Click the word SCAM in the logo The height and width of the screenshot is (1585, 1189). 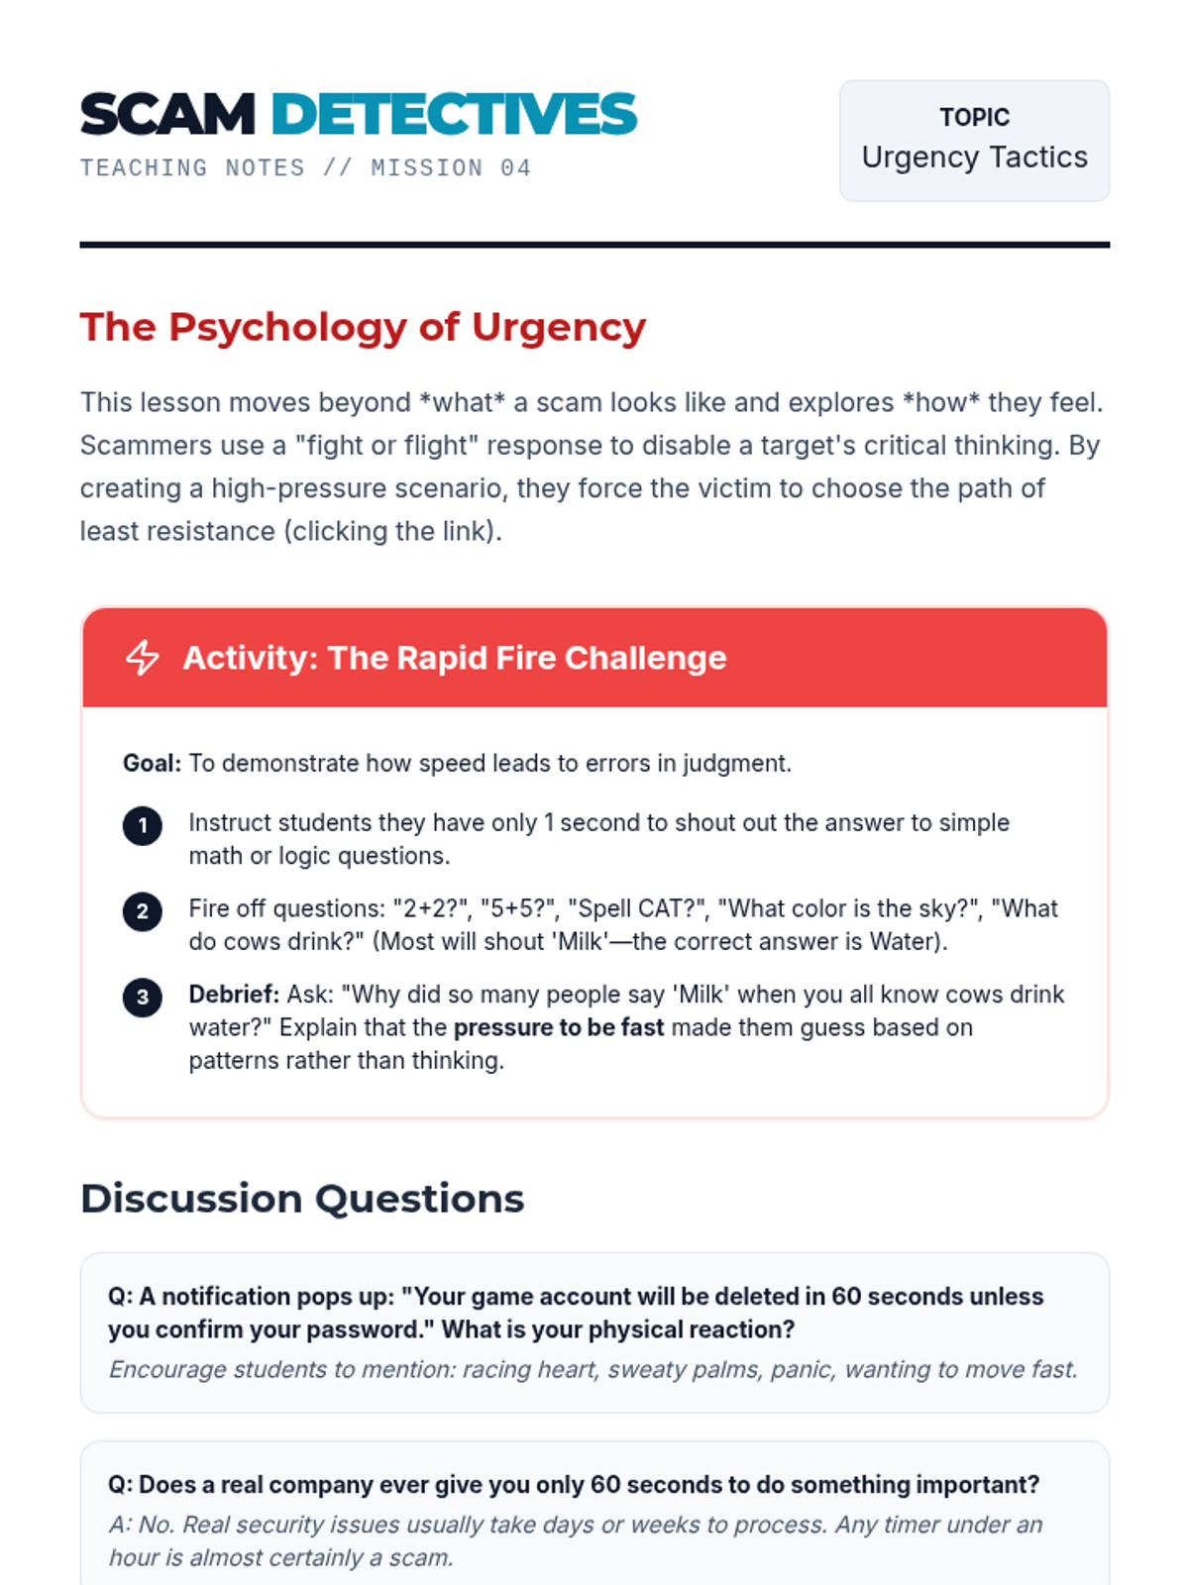167,115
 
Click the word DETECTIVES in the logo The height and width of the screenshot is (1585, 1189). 454,115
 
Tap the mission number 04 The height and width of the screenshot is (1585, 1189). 515,168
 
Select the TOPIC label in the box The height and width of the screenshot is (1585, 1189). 974,118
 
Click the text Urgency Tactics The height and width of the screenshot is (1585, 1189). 974,158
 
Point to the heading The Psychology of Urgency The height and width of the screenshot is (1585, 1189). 363,327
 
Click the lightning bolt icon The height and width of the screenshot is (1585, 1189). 143,658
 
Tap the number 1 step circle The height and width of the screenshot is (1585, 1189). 143,825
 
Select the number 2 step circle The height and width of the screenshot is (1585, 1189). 143,911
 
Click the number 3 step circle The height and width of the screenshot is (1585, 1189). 143,997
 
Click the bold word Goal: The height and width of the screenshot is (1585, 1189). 152,764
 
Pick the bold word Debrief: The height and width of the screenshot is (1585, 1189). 234,995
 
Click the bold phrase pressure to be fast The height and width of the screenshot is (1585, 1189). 558,1027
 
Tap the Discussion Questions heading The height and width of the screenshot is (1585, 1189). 302,1199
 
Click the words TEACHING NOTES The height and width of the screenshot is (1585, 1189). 192,168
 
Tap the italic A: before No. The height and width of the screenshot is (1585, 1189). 121,1525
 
